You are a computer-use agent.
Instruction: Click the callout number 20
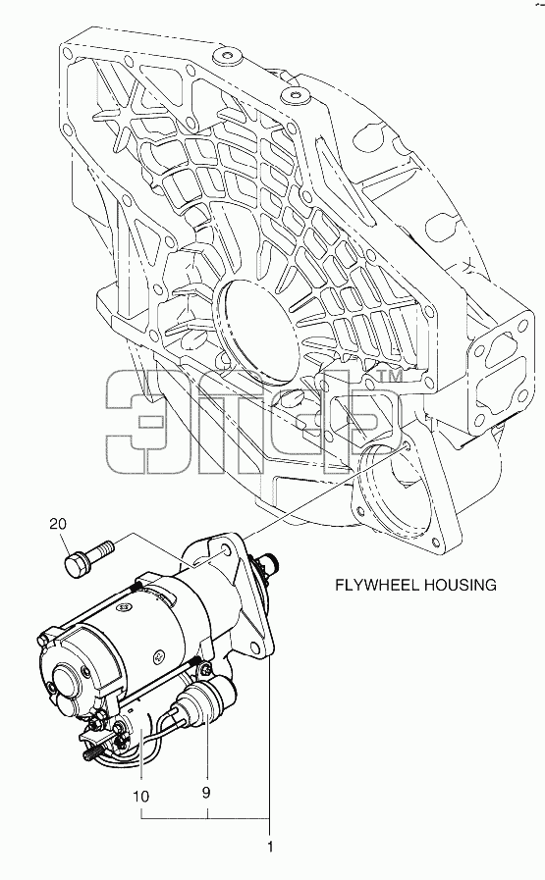58,524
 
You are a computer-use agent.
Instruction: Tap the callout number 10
141,797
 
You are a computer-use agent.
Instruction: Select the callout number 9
206,793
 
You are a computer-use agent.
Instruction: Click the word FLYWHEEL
377,585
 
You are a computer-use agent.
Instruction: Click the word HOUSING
461,585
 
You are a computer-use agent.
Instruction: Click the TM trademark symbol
390,376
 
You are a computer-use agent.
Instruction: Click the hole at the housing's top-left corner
68,54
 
